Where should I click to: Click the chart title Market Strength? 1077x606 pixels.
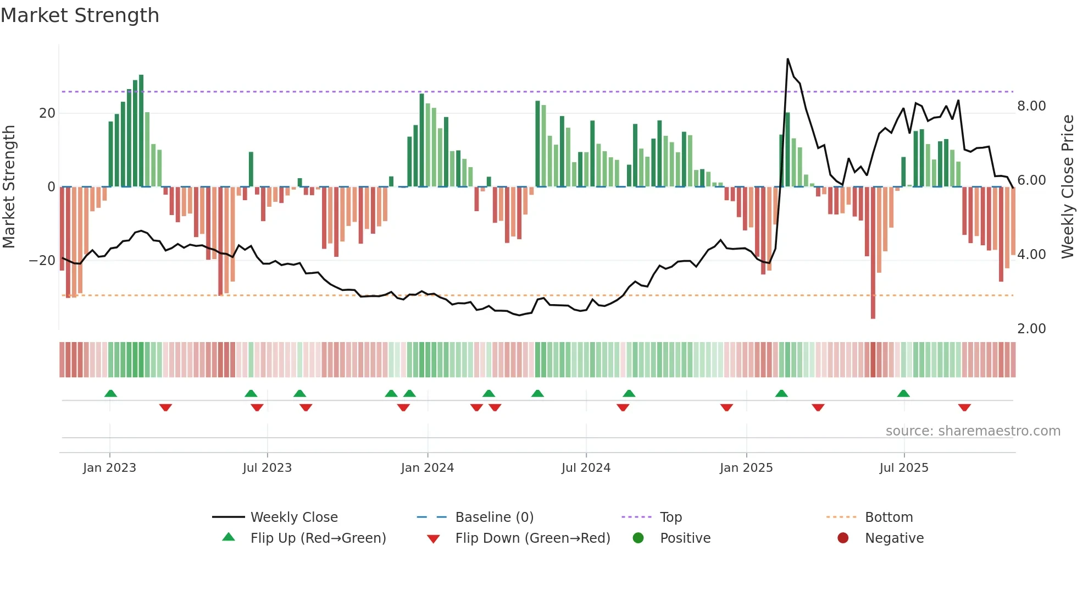coord(80,15)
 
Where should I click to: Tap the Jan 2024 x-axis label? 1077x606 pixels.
coord(428,468)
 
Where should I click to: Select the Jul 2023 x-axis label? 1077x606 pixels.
coord(267,468)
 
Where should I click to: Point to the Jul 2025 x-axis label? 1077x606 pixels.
coord(904,468)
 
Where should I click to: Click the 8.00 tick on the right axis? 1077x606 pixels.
coord(1031,106)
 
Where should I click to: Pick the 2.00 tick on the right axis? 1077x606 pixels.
coord(1031,329)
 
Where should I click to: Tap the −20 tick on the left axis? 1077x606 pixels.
coord(42,261)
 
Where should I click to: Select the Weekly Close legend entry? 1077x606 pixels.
coord(294,517)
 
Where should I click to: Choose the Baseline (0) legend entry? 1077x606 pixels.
coord(494,517)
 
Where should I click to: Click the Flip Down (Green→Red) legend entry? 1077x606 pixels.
coord(532,538)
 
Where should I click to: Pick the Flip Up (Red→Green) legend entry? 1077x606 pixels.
coord(318,538)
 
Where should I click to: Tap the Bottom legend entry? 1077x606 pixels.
coord(889,517)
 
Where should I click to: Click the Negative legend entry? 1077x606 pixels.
coord(894,538)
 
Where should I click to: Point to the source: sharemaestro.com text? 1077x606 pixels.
coord(973,431)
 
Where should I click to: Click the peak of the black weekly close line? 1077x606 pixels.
coord(787,59)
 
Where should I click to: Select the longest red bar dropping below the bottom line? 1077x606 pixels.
coord(873,253)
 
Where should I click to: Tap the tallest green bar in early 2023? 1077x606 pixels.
coord(141,130)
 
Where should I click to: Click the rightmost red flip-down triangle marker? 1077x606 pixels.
coord(964,407)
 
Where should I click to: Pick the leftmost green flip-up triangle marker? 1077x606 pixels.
coord(110,393)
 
